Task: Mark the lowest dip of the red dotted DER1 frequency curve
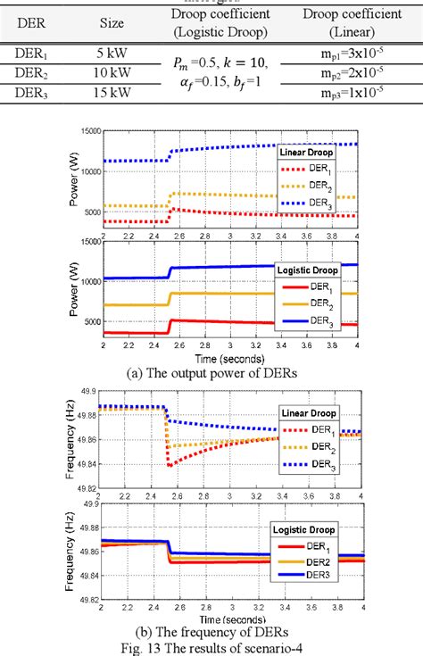(170, 464)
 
